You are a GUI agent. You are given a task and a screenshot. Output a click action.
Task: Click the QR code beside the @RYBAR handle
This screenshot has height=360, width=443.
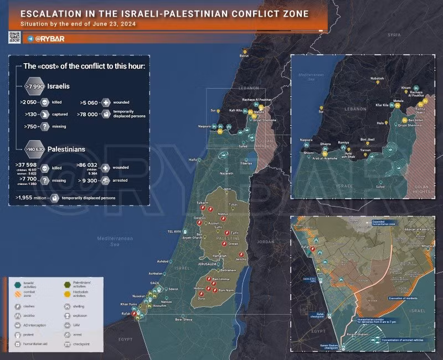pyautogui.click(x=15, y=37)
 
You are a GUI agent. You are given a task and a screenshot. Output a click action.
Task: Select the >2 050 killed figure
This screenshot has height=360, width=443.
pyautogui.click(x=29, y=103)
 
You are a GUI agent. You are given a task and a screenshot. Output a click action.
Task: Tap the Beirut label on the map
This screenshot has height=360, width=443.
pyautogui.click(x=244, y=56)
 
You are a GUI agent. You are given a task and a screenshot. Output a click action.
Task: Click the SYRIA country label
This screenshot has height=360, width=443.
pyautogui.click(x=394, y=35)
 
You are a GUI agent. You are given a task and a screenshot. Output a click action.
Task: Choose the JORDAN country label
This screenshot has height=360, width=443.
pyautogui.click(x=265, y=242)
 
